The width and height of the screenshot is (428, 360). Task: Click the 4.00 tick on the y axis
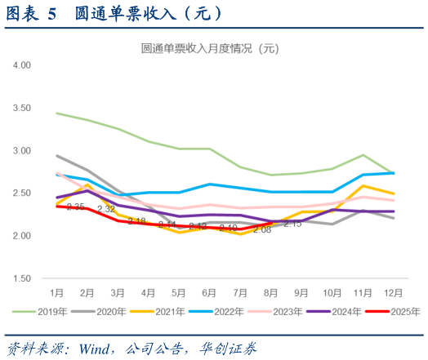click(21, 64)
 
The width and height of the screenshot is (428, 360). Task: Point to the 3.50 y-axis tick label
click(21, 108)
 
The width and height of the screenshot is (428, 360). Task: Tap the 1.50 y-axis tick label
click(21, 278)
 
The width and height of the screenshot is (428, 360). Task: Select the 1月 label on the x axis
click(56, 291)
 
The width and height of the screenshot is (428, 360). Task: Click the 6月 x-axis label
click(210, 291)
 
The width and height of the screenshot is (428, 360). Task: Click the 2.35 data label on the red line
click(76, 207)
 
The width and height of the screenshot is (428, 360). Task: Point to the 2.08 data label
click(262, 229)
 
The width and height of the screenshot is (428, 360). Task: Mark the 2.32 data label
click(106, 209)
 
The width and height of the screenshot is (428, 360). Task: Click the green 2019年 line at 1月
click(56, 113)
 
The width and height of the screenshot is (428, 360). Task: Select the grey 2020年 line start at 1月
click(56, 155)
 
